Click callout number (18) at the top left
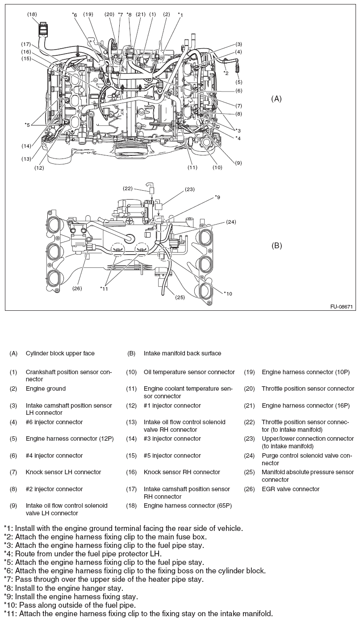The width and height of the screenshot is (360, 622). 32,14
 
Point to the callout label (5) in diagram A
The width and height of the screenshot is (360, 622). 239,82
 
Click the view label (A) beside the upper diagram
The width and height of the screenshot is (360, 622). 277,99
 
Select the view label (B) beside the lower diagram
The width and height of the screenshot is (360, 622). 277,246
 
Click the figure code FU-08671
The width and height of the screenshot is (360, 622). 342,307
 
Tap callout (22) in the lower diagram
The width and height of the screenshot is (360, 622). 127,188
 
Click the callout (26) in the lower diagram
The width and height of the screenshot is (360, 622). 77,288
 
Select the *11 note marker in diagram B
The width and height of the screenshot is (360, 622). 104,288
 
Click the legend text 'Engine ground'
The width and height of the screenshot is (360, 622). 46,388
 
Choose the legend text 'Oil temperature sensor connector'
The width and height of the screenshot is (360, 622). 189,372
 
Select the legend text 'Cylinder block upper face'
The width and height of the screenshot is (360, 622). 60,353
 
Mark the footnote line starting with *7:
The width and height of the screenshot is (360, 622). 104,579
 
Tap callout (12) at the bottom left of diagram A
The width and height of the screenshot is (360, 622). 39,168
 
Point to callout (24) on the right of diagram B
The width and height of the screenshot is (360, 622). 231,221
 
